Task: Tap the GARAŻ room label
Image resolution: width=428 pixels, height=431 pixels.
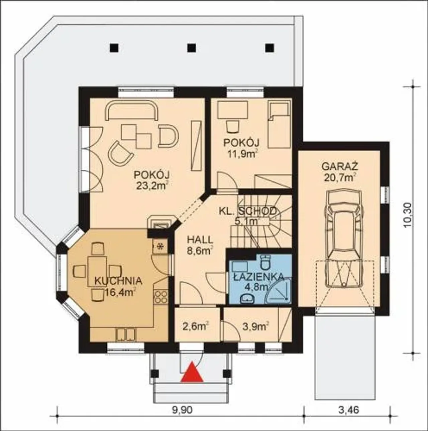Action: [x=340, y=166]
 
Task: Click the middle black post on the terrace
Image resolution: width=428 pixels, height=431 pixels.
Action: [x=192, y=47]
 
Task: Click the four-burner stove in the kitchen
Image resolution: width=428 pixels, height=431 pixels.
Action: [x=161, y=297]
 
